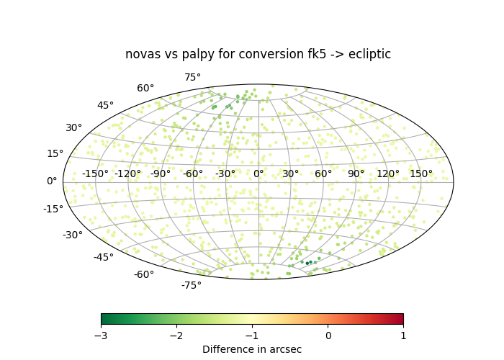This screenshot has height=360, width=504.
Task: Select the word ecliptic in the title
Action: pos(369,54)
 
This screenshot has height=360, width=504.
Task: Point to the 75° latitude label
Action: pos(192,77)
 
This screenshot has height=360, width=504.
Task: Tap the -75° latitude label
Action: pos(192,285)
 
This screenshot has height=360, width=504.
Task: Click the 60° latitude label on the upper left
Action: pos(145,88)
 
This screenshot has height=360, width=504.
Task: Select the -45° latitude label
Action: pos(104,257)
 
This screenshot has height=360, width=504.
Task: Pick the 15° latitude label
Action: pos(55,153)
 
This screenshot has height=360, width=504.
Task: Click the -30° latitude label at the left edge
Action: pos(72,235)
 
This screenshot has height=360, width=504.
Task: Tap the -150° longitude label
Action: pos(95,174)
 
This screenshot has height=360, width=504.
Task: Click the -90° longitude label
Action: pos(161,174)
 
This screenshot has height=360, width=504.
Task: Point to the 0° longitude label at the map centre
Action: pos(258,174)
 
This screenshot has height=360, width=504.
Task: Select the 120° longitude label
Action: pos(388,174)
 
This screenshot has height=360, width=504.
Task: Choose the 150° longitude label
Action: pos(421,174)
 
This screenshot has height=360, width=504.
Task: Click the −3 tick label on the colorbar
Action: pos(102,336)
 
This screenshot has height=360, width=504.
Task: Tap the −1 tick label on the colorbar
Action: pos(252,336)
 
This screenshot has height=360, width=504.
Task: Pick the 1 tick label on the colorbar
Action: pos(403,336)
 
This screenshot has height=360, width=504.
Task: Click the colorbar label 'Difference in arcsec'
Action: pos(252,349)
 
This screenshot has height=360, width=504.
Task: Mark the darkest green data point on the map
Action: pos(307,264)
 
